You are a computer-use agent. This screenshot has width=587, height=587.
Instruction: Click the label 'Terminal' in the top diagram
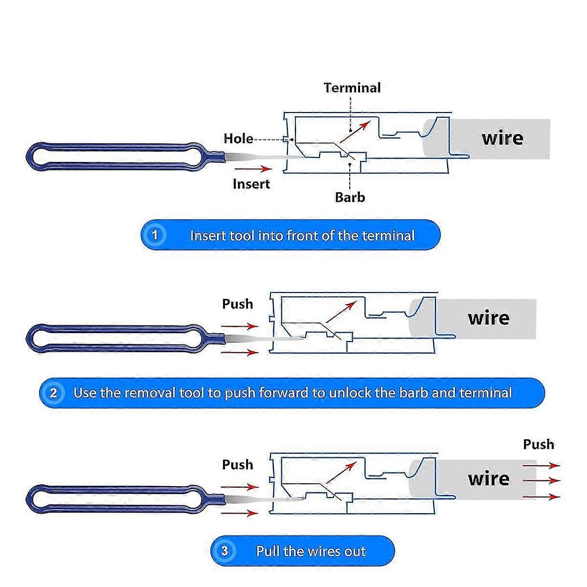coord(352,88)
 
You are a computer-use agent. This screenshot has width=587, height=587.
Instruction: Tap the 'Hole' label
coord(238,138)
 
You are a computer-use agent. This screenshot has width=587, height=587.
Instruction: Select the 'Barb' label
coord(350,198)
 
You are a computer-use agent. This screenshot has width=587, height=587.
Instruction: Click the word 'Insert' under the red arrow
coord(251,184)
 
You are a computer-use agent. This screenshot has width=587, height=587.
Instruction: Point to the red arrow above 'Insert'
coord(253,169)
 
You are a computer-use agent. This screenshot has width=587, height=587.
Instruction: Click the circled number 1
coord(155,235)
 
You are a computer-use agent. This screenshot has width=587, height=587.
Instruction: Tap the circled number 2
coord(53,393)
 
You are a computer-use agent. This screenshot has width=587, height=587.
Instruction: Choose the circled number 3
coord(225,550)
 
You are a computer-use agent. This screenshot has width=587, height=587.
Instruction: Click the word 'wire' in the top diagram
coord(502,138)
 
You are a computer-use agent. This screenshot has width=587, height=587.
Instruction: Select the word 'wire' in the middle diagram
coord(489,318)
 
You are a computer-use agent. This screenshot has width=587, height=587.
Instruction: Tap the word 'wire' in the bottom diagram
coord(489,479)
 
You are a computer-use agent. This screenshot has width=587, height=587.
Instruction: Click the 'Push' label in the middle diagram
coord(238,304)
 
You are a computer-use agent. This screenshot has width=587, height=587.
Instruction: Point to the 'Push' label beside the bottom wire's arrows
coord(539,445)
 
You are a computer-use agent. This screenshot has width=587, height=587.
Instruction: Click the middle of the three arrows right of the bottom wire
coord(542,481)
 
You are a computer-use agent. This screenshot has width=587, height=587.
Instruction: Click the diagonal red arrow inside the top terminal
coord(355,132)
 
